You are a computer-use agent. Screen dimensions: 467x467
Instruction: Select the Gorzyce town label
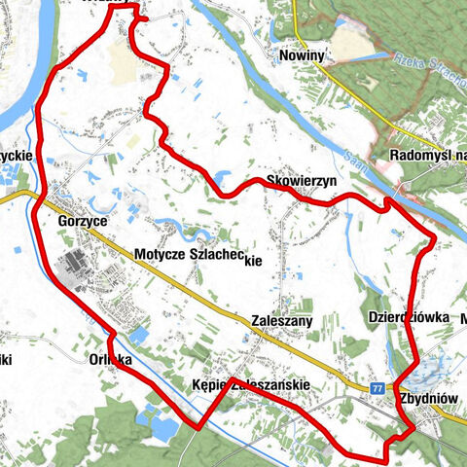click(x=82, y=222)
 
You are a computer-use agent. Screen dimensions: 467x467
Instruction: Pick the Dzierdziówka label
click(x=408, y=317)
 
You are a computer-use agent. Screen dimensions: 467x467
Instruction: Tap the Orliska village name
click(x=110, y=357)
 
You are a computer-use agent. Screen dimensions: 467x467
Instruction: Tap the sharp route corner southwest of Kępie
click(x=200, y=426)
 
